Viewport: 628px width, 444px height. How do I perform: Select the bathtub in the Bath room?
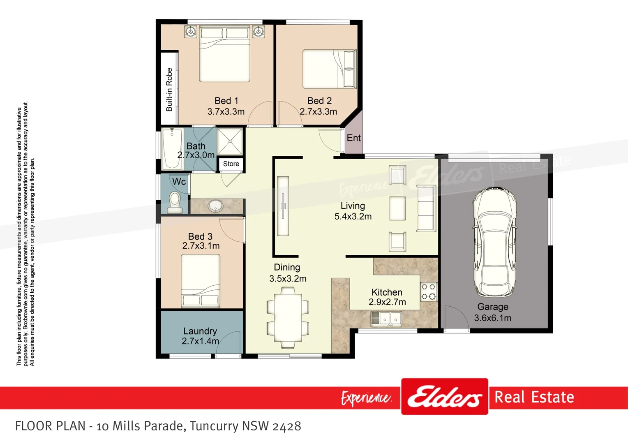(172, 148)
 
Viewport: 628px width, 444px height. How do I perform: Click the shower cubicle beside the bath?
(230, 141)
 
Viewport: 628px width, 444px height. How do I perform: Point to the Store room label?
(231, 164)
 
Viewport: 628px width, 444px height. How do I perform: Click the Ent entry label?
(353, 138)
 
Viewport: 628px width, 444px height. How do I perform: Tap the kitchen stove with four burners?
(428, 291)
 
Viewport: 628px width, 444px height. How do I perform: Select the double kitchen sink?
(386, 319)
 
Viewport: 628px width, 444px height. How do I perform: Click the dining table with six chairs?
(288, 317)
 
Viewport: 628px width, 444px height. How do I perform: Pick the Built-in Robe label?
(169, 89)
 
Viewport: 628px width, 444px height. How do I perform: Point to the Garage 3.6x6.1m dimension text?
(492, 318)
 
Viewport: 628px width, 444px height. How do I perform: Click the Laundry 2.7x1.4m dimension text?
(200, 341)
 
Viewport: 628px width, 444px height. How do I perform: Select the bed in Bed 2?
(329, 69)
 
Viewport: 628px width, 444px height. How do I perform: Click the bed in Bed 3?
(201, 280)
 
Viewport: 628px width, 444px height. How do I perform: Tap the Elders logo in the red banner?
(445, 397)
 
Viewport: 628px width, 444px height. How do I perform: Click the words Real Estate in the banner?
(534, 397)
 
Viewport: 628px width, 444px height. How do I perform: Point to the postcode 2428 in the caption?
(286, 426)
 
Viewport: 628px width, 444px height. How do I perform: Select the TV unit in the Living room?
(283, 206)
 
